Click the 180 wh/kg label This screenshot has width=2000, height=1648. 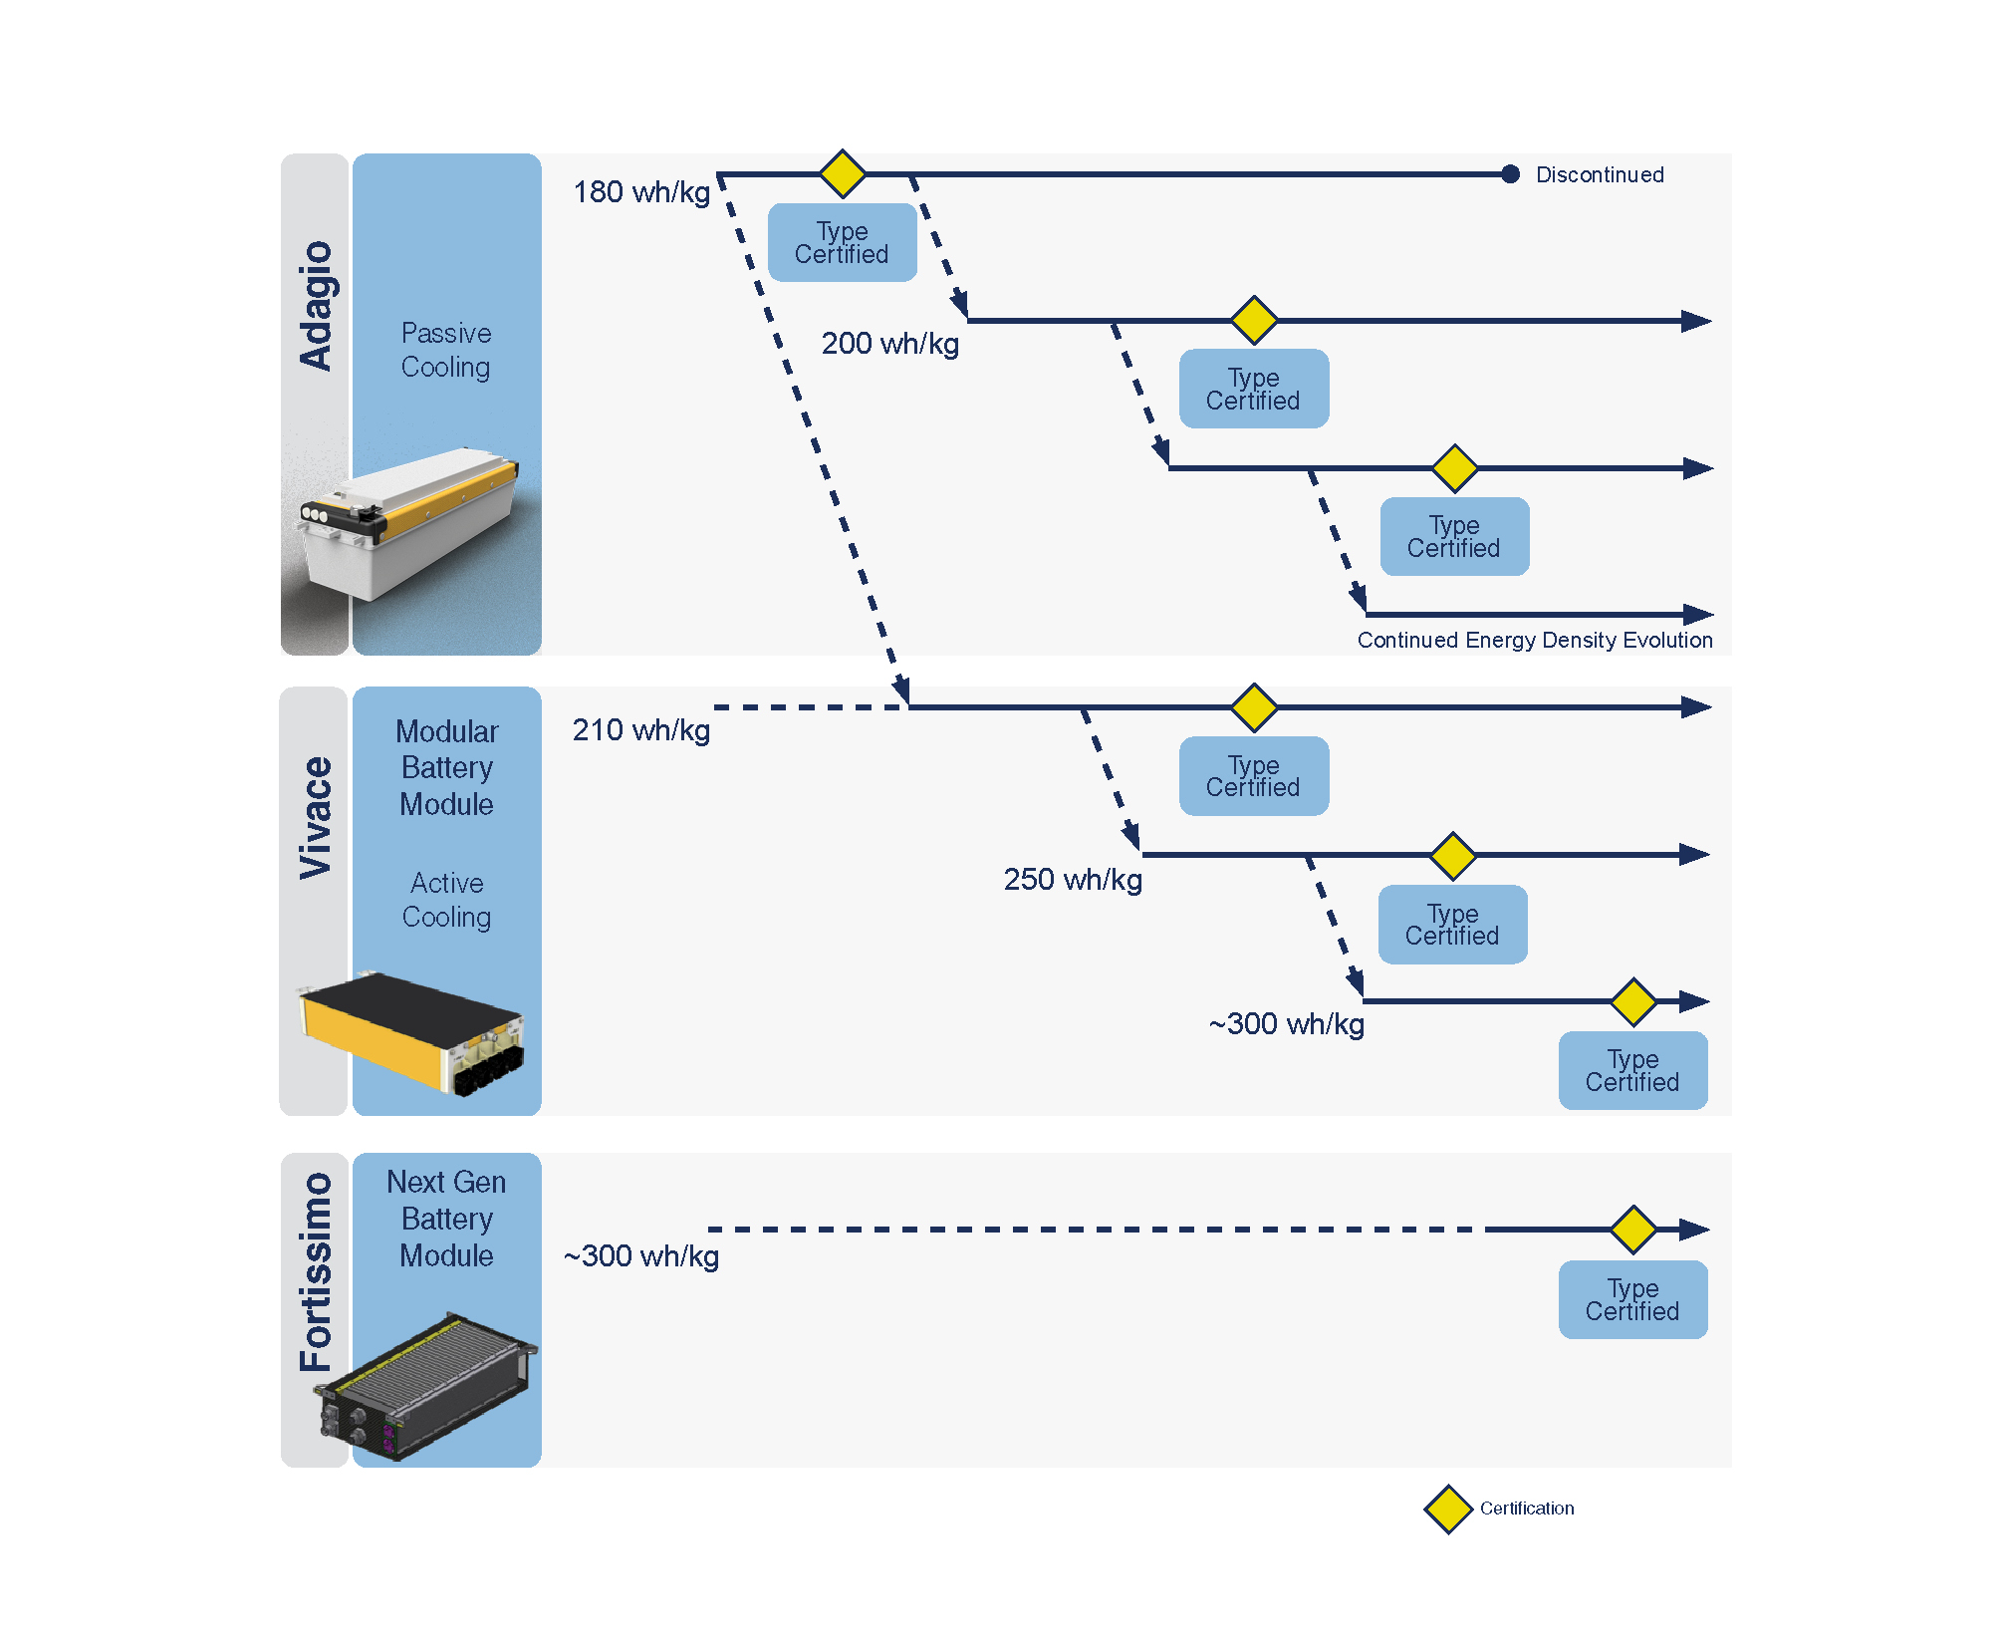(x=641, y=191)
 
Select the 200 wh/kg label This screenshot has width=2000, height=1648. (x=889, y=344)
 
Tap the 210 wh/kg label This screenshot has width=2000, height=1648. (x=640, y=730)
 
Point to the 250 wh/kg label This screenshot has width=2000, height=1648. (x=1073, y=880)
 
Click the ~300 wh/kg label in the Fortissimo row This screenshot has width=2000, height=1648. (x=641, y=1256)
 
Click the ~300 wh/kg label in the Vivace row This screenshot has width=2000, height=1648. (x=1286, y=1024)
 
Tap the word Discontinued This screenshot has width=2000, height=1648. (x=1600, y=175)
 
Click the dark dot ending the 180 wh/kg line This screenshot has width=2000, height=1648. (x=1510, y=174)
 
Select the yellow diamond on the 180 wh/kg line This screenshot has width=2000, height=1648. (x=843, y=173)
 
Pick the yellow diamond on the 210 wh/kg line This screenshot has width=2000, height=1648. (x=1254, y=707)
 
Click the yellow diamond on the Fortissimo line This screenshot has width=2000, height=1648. (x=1633, y=1229)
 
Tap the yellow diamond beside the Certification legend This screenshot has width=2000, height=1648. (x=1448, y=1510)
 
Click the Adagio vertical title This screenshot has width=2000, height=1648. (x=316, y=305)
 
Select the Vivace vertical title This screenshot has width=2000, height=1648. (x=316, y=817)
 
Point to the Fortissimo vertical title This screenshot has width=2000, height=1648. (x=316, y=1271)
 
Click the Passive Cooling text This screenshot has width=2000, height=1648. (x=446, y=350)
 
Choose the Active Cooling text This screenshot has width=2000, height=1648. (x=446, y=900)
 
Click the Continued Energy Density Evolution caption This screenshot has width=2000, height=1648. (x=1534, y=640)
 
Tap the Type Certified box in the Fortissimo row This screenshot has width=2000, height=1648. (x=1632, y=1299)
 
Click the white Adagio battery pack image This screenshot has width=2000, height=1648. (x=408, y=523)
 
